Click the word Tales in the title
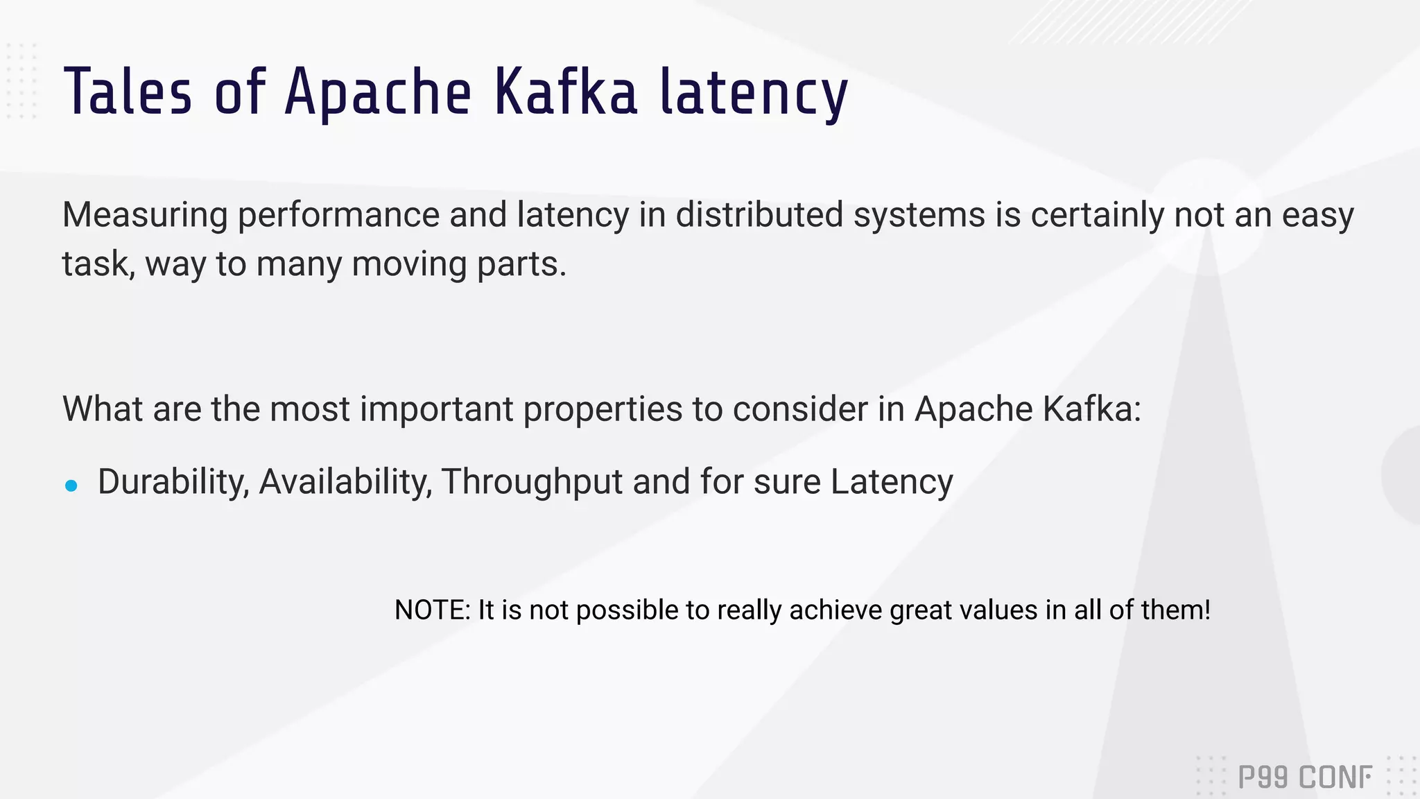point(128,92)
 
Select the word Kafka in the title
point(565,92)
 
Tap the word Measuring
point(145,214)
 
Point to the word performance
point(338,216)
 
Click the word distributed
point(759,214)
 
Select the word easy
point(1317,216)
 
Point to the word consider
point(800,409)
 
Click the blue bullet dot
point(71,486)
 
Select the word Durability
point(173,482)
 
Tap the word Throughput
point(532,483)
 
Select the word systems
point(919,216)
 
